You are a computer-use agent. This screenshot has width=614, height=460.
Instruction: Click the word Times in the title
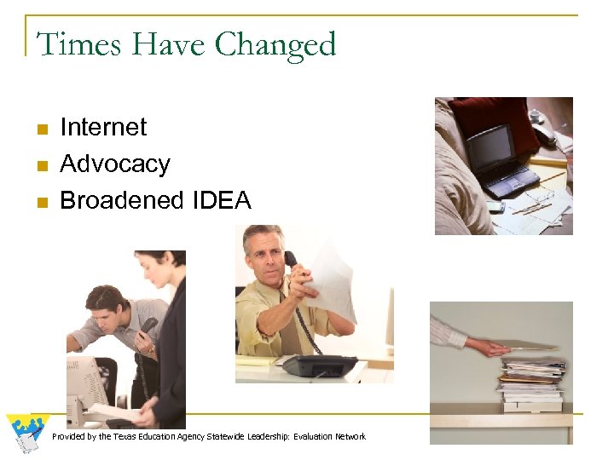pyautogui.click(x=69, y=43)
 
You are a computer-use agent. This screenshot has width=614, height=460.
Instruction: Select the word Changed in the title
pyautogui.click(x=276, y=45)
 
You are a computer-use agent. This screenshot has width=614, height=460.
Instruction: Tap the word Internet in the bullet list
pyautogui.click(x=103, y=128)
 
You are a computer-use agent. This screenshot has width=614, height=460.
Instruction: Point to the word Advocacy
pyautogui.click(x=115, y=164)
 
